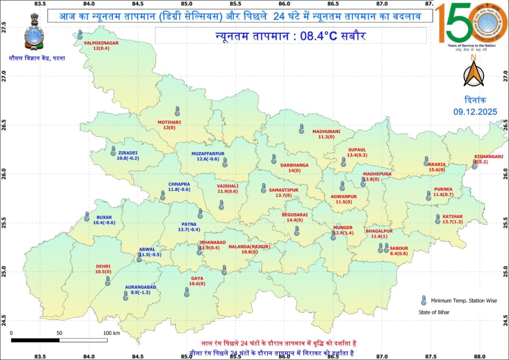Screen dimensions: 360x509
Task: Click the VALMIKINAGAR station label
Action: [101, 43]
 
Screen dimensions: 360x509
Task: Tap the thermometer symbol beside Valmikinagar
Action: [80, 35]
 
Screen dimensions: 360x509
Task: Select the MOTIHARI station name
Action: [169, 122]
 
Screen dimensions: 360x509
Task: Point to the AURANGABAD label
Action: [140, 287]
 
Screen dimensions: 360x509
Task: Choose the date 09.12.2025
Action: [474, 112]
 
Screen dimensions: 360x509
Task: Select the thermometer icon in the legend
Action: [423, 301]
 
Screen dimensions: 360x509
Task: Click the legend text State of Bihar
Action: [431, 312]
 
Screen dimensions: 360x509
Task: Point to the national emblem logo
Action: [34, 32]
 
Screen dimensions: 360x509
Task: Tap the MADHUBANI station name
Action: [327, 132]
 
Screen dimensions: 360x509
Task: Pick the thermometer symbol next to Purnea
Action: [428, 195]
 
